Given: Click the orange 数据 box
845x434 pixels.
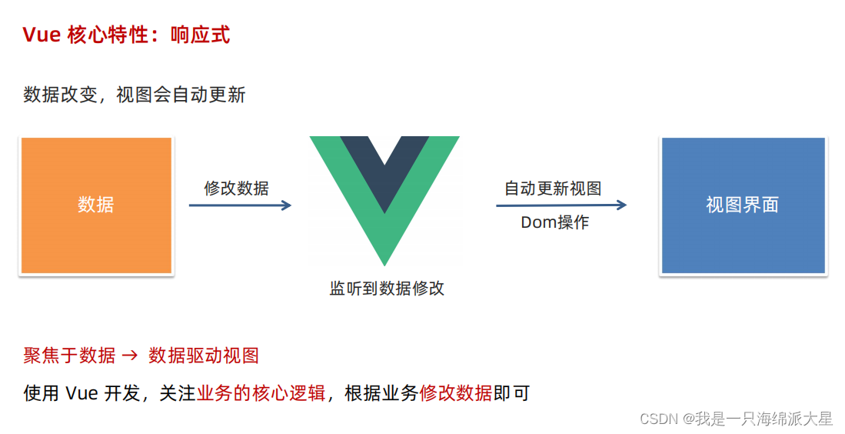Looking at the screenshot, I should tap(96, 205).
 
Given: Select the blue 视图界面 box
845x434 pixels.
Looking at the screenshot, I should tap(743, 205).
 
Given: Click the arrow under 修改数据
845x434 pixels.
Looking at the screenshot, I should tap(240, 205).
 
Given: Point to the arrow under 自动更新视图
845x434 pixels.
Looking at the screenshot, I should tap(561, 205).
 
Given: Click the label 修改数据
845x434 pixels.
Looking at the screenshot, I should tap(236, 188).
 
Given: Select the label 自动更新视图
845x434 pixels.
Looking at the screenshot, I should tap(552, 188).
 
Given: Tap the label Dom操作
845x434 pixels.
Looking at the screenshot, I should tap(554, 223).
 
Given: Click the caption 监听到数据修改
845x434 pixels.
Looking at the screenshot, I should tap(387, 289).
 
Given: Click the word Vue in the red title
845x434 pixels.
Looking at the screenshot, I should tap(42, 35).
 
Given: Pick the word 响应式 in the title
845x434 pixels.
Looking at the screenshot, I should tap(200, 35).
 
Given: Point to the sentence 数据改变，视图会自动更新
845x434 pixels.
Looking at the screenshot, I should tap(135, 95).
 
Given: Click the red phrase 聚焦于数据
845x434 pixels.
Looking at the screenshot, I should tap(69, 356).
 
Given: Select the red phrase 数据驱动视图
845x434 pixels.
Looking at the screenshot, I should tap(204, 356).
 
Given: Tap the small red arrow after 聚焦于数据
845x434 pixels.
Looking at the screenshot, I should tap(131, 356).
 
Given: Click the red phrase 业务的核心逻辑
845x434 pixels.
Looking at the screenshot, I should tap(261, 393).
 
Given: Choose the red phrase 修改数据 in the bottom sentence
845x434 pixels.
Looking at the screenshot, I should tap(455, 393).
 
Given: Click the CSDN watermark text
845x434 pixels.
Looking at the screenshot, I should tap(736, 419).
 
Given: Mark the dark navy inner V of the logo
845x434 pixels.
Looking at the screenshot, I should tap(384, 165).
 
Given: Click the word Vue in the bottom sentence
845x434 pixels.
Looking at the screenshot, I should tap(82, 393).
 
